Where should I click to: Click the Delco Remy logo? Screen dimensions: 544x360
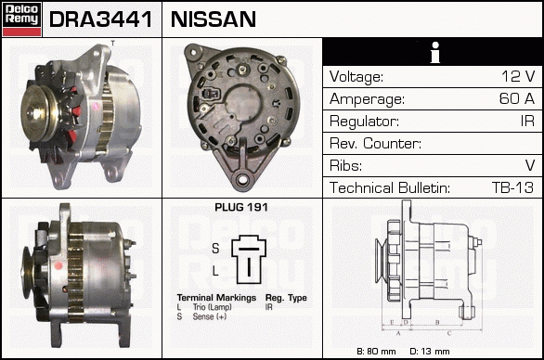(x=21, y=19)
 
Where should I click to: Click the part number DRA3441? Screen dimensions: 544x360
(x=100, y=19)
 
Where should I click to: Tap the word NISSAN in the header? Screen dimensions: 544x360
(x=214, y=19)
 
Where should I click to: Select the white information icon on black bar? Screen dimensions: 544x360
(x=435, y=52)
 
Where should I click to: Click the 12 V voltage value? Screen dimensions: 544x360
(x=518, y=76)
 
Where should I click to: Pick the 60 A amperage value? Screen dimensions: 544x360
(x=517, y=98)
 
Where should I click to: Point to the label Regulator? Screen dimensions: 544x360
(x=364, y=122)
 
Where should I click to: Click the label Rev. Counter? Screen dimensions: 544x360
(x=375, y=143)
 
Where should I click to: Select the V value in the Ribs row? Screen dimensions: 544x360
(x=530, y=165)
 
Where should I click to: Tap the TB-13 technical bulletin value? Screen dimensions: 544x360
(x=512, y=187)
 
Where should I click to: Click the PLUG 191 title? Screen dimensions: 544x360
(x=241, y=208)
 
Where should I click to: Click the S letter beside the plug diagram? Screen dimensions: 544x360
(x=215, y=249)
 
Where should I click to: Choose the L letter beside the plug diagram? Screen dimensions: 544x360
(x=215, y=271)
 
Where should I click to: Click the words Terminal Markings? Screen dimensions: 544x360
(x=216, y=298)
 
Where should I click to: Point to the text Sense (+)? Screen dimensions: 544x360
(x=210, y=316)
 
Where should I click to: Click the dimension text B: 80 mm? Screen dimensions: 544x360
(x=376, y=352)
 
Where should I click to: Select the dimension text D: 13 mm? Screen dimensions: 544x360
(x=430, y=352)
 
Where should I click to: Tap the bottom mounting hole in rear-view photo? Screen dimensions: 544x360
(x=242, y=179)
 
